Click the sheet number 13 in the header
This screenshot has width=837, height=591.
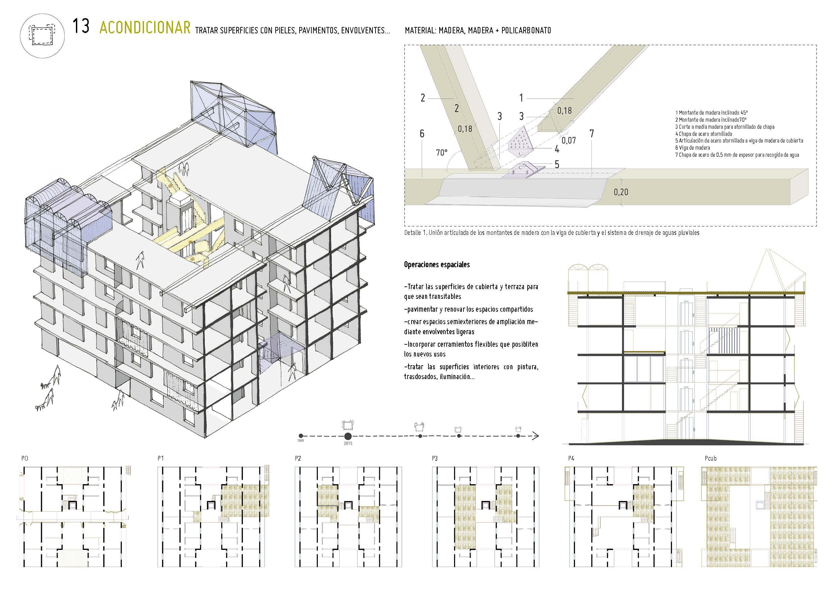pos(81,26)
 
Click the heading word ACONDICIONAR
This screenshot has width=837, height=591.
pos(145,28)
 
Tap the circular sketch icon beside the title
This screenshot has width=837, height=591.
pos(42,36)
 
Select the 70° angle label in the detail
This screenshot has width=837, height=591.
pos(442,153)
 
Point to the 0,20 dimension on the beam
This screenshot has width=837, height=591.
pos(621,192)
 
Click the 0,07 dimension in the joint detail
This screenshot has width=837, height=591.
pos(568,140)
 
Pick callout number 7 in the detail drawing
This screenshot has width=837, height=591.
pos(591,134)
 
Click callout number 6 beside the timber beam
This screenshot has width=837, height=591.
pos(422,134)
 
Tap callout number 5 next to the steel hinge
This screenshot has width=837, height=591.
pos(557,164)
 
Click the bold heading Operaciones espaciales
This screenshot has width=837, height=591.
pos(437,265)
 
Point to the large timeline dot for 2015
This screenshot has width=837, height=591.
pos(348,436)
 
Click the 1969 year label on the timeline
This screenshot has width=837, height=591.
pos(300,441)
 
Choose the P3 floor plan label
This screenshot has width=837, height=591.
pos(435,459)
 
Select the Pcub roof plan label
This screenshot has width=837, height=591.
pos(710,459)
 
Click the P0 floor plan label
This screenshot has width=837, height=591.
pos(24,459)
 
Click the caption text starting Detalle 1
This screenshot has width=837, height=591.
pos(552,233)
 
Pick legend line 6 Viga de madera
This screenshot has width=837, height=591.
pos(692,148)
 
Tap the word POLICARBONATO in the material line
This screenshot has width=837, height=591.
pos(526,31)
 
